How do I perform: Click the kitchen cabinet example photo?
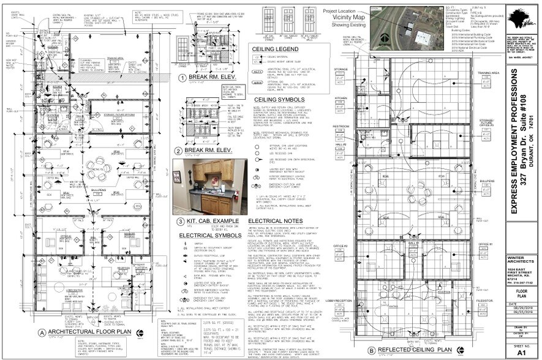[x=209, y=186]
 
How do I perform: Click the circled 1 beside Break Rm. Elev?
[x=182, y=78]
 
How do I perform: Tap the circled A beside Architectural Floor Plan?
[x=42, y=332]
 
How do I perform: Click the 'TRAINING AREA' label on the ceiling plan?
[x=488, y=72]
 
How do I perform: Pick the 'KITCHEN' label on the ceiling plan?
[x=341, y=98]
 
